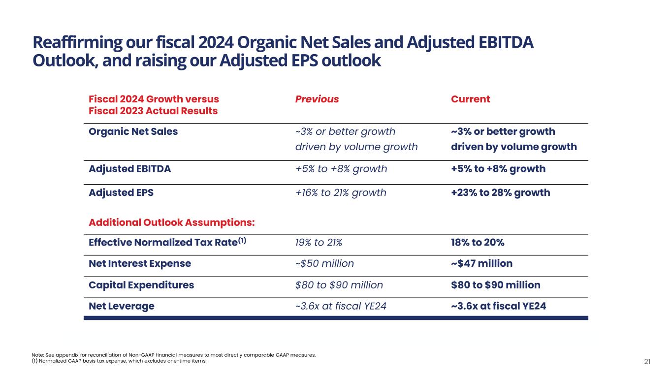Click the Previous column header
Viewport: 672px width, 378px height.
coord(317,99)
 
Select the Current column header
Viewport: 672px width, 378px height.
coord(470,99)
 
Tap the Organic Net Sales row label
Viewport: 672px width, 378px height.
coord(133,132)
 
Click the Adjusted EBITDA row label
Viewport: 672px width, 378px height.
coord(129,169)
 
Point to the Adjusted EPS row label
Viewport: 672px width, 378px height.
coord(121,193)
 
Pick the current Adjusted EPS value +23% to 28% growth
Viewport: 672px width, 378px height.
coord(500,193)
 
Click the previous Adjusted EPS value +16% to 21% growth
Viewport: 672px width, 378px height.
coord(341,193)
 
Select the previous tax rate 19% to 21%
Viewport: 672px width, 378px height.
coord(319,243)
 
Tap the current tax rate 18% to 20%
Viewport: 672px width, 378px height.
coord(478,243)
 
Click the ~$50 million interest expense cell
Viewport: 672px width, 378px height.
coord(324,264)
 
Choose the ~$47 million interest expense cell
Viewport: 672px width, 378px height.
coord(481,264)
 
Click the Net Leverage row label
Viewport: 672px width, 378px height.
coord(122,306)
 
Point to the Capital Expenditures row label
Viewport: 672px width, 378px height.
coord(141,285)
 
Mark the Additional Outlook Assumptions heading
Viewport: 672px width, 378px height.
coord(172,222)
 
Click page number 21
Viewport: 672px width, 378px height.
coord(647,362)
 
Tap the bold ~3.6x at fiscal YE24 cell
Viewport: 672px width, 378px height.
coord(498,306)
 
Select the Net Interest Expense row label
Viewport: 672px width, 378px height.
coord(140,264)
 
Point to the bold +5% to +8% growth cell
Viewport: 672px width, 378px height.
coord(498,169)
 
